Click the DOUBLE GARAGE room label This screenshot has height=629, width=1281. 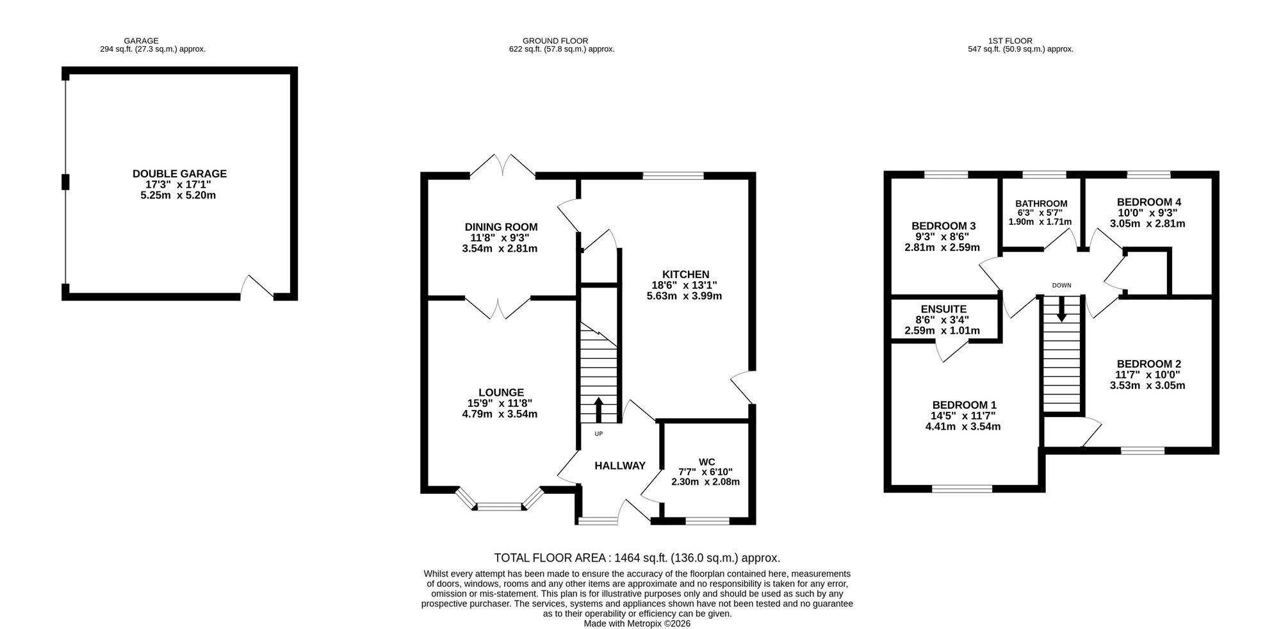tap(179, 174)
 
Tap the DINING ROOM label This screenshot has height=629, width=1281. tap(501, 227)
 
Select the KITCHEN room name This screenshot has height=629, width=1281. tap(685, 274)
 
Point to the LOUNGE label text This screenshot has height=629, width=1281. tap(501, 392)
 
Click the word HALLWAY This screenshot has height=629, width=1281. tap(620, 466)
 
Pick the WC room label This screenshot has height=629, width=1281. tap(706, 461)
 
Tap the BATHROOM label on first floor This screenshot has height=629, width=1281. tap(1041, 204)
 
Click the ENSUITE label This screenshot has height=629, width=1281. tap(943, 309)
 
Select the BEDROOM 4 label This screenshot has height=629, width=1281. tap(1149, 202)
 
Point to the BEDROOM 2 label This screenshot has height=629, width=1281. tap(1148, 363)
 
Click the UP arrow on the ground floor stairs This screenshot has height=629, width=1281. tap(599, 410)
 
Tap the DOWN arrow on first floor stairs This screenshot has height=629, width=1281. tap(1061, 309)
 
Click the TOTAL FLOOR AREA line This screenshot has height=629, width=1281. tap(637, 558)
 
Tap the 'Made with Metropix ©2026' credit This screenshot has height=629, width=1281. tap(637, 623)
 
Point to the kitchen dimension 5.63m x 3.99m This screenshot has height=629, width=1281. tap(685, 296)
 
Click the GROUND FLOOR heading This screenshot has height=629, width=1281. tap(555, 41)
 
